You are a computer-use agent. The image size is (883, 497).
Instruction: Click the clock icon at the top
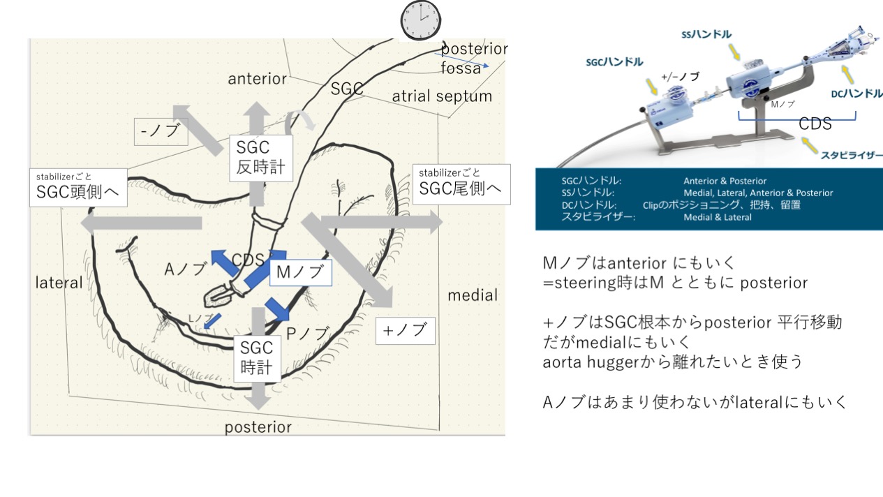pos(420,20)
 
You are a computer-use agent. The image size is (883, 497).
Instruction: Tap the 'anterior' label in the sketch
pos(258,79)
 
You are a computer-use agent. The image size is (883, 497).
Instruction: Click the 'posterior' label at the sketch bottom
pos(258,426)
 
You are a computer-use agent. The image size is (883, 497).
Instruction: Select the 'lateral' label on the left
pos(59,283)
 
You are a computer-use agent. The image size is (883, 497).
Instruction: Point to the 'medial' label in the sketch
pos(473,295)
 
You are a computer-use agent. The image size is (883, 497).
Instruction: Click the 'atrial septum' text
pos(442,96)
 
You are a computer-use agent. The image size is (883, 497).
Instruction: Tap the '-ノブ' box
pos(161,131)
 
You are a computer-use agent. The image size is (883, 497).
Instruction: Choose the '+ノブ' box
pos(406,330)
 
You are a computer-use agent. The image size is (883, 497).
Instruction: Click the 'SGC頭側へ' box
pos(78,186)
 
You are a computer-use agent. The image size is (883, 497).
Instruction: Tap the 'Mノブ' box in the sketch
pos(299,272)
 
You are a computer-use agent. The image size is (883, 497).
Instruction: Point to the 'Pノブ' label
pos(307,334)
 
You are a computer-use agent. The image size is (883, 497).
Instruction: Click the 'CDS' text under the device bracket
pos(815,124)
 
